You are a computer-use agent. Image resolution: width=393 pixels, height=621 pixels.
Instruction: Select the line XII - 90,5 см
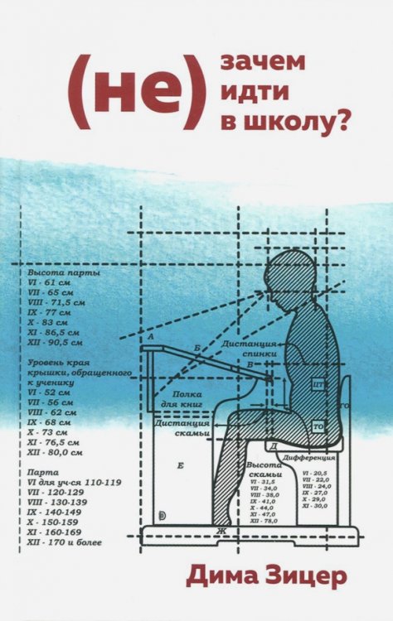[56, 340]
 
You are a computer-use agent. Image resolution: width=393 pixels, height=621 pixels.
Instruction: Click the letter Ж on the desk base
[221, 530]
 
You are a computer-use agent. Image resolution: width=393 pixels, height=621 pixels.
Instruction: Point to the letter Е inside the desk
[182, 466]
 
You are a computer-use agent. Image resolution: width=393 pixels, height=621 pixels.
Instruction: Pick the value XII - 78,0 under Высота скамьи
[266, 522]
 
